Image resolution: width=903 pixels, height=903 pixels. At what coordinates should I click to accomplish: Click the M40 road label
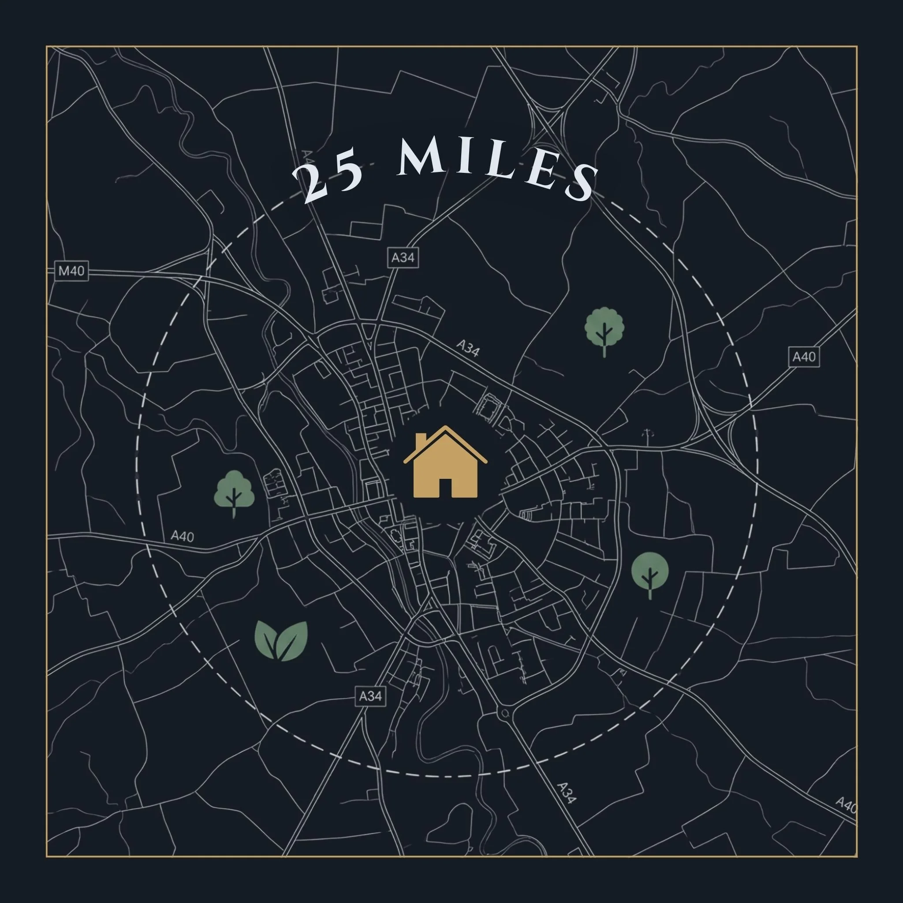tap(71, 271)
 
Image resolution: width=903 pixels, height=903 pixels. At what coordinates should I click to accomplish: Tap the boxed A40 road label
tap(803, 357)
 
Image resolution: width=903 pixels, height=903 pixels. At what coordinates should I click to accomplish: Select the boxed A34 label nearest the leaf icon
tap(370, 696)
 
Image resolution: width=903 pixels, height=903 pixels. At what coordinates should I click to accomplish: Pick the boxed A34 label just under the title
tap(403, 257)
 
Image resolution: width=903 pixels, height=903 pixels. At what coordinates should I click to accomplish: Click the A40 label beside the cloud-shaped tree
tap(182, 536)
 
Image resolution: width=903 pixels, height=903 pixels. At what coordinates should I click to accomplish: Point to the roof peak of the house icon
tap(445, 428)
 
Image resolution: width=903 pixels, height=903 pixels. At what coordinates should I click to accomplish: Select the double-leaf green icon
tap(281, 641)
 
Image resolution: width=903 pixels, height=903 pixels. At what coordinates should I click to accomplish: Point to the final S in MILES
tap(581, 184)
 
